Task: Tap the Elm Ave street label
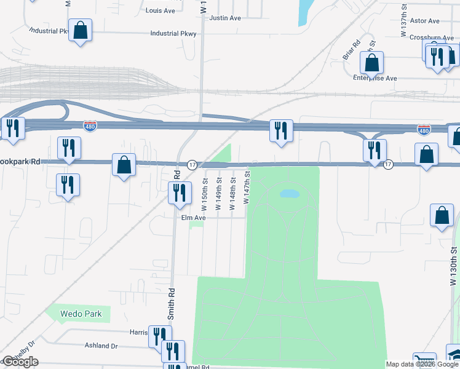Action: click(x=192, y=218)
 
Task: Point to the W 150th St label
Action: click(x=205, y=194)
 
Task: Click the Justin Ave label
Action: click(x=225, y=18)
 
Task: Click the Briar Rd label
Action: click(x=351, y=50)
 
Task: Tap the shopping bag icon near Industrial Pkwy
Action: click(x=81, y=30)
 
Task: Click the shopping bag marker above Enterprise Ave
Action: click(x=371, y=63)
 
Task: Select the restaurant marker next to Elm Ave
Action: click(x=180, y=193)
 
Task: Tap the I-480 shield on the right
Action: click(x=424, y=130)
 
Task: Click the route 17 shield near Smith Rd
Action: click(x=192, y=165)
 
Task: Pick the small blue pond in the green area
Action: click(x=290, y=194)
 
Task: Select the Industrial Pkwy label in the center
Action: click(x=173, y=34)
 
